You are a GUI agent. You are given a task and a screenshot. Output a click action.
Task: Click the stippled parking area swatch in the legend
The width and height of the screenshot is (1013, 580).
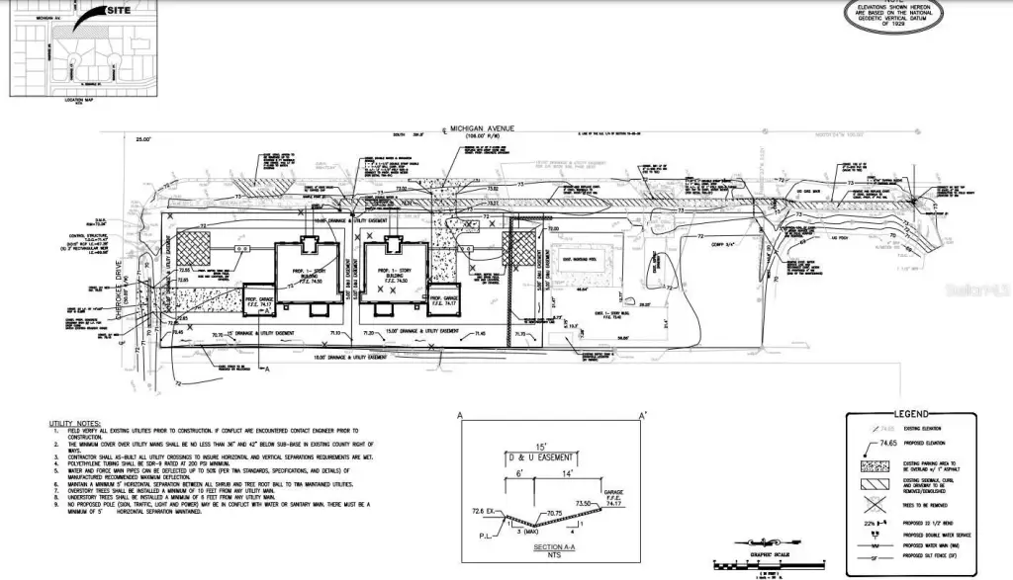click(x=875, y=463)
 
